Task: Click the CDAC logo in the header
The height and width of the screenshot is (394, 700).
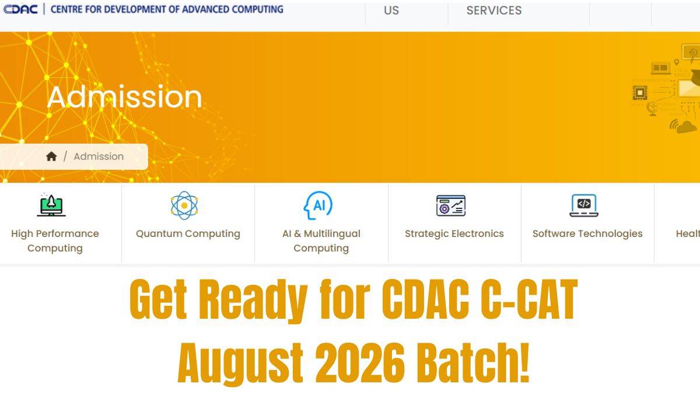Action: pyautogui.click(x=20, y=9)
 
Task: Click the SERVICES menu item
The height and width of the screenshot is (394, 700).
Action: pyautogui.click(x=494, y=11)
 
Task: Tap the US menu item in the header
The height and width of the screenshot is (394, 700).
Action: pyautogui.click(x=391, y=11)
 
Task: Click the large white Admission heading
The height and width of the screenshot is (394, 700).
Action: pyautogui.click(x=124, y=97)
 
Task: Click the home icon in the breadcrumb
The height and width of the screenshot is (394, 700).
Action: pyautogui.click(x=51, y=156)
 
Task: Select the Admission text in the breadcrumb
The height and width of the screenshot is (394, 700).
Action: pyautogui.click(x=99, y=156)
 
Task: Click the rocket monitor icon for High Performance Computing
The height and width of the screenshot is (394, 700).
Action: pyautogui.click(x=51, y=205)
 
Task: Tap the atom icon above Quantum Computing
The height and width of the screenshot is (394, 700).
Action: pyautogui.click(x=184, y=205)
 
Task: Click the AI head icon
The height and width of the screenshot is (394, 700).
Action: pyautogui.click(x=318, y=205)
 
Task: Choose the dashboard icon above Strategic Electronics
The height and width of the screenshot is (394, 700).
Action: pyautogui.click(x=451, y=205)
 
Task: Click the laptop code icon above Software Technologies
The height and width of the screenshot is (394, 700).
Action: pyautogui.click(x=584, y=205)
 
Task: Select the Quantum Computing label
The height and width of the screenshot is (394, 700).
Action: pyautogui.click(x=188, y=234)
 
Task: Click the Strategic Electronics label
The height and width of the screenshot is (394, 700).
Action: pyautogui.click(x=454, y=233)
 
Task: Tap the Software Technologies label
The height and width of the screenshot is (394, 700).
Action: pyautogui.click(x=587, y=234)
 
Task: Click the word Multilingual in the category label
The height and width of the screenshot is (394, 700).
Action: pyautogui.click(x=332, y=234)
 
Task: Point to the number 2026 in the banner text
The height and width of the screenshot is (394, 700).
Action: pyautogui.click(x=360, y=363)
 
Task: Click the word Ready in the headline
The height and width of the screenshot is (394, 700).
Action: pyautogui.click(x=253, y=301)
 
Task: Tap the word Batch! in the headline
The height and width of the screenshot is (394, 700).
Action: pyautogui.click(x=473, y=362)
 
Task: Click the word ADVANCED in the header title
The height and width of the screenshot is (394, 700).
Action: pyautogui.click(x=205, y=9)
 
